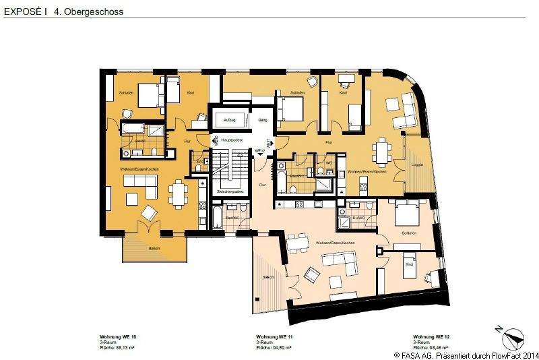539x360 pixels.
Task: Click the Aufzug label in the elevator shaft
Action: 230,119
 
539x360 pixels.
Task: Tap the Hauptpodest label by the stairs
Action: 231,140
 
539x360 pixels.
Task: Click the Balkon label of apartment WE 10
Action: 154,247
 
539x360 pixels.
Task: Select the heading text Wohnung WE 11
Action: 274,336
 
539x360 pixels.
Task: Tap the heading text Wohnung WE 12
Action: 431,336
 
